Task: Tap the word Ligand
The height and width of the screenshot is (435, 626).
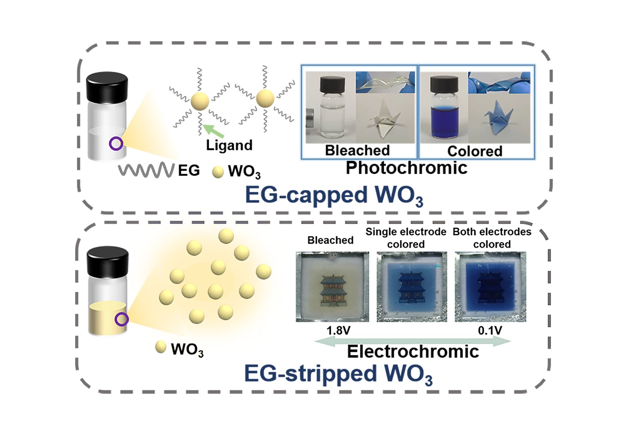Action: point(229,145)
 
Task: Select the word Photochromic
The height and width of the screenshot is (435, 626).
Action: point(406,168)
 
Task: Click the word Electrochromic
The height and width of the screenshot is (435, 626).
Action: point(413,352)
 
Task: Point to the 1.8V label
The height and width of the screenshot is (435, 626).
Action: point(338,331)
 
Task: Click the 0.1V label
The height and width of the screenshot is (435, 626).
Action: point(490,331)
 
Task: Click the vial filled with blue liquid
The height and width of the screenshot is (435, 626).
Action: point(443,108)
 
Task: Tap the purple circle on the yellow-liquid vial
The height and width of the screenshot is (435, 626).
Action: point(121,319)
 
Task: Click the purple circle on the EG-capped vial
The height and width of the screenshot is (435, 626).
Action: point(116,143)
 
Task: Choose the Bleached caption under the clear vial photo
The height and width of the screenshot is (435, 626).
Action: point(357,150)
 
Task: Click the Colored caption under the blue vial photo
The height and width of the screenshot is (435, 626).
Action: point(475,151)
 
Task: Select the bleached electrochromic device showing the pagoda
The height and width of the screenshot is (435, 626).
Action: point(332,286)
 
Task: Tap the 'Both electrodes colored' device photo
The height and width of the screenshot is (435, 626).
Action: point(490,286)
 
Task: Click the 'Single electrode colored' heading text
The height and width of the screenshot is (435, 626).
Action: point(406,238)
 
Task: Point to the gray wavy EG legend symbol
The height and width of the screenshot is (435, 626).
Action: point(145,170)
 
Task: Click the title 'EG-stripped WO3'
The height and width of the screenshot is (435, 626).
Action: point(338,374)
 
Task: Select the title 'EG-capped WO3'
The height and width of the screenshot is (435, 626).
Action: point(334,195)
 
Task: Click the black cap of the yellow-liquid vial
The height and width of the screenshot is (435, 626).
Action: point(107,260)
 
